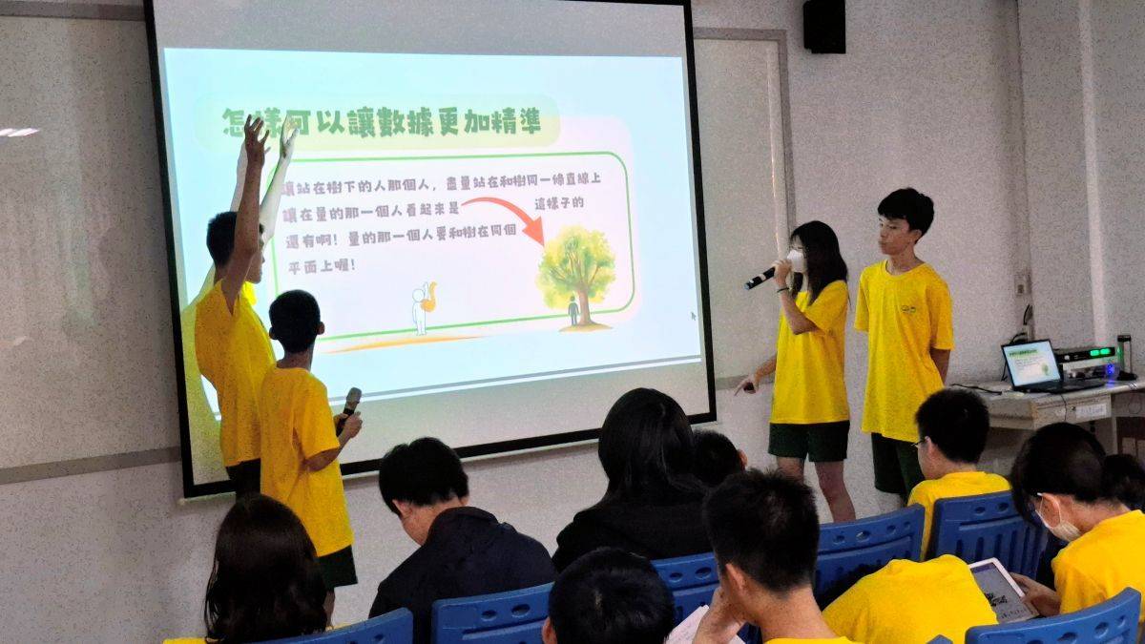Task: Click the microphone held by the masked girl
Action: (x=761, y=278)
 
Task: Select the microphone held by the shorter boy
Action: (x=350, y=402)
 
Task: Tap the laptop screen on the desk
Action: (x=1031, y=364)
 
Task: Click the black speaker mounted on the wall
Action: (x=823, y=26)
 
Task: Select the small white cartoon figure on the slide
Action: (x=421, y=307)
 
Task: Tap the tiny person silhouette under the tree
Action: (x=572, y=310)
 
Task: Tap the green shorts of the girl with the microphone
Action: (x=809, y=441)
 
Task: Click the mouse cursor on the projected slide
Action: (x=694, y=315)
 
